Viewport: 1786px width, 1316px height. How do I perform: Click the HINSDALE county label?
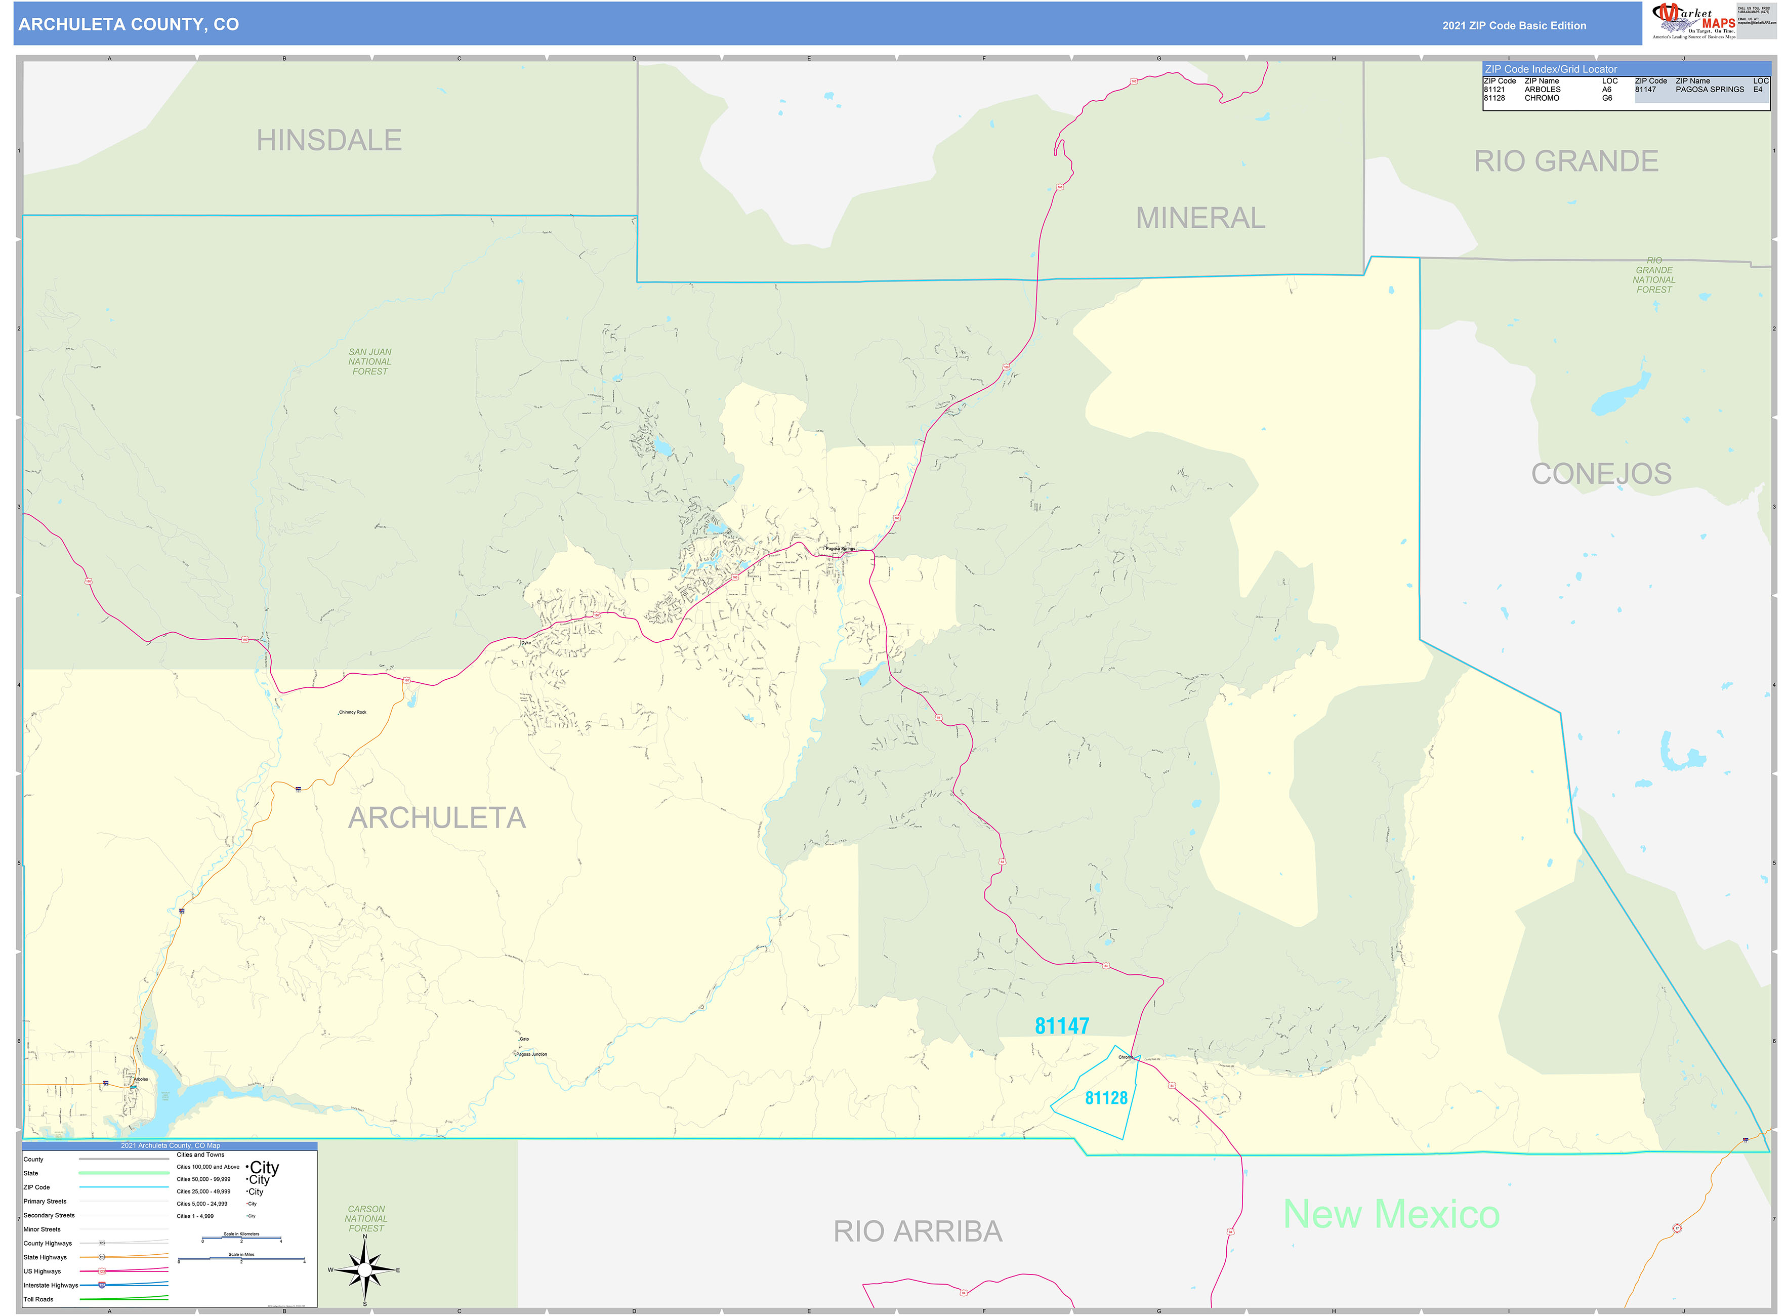click(x=328, y=140)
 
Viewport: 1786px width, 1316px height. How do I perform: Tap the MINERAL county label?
click(x=1200, y=218)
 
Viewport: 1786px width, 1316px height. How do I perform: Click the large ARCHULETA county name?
click(x=437, y=817)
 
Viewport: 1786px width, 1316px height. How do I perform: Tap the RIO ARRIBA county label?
click(x=917, y=1231)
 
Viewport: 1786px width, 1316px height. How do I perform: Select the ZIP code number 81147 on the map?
click(x=1061, y=1026)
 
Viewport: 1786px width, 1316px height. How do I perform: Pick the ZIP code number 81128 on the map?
click(x=1106, y=1098)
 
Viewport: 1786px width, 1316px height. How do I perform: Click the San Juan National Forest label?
click(x=369, y=362)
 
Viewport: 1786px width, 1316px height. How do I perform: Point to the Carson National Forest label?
click(x=365, y=1219)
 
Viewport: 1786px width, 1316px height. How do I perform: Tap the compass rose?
click(x=364, y=1269)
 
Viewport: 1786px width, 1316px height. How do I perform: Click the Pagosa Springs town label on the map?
click(x=840, y=548)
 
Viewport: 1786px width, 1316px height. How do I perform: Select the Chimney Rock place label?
click(x=352, y=712)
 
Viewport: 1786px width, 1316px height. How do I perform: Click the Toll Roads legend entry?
click(x=38, y=1299)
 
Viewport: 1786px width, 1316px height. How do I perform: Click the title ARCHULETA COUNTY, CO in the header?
click(x=128, y=25)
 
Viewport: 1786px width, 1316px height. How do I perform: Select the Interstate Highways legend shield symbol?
click(x=101, y=1285)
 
